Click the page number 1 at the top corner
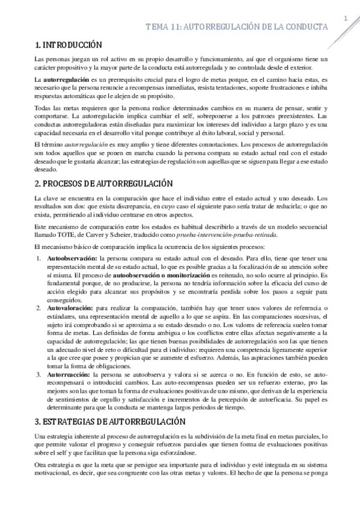coord(346,19)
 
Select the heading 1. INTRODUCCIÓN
coord(68,45)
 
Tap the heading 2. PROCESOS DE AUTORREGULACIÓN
coord(103,183)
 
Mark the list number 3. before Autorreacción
coord(38,374)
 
